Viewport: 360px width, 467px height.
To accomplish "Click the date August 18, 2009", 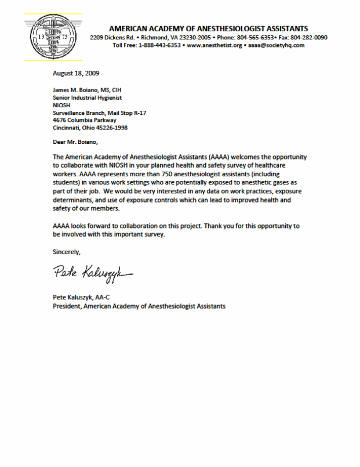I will tap(76, 73).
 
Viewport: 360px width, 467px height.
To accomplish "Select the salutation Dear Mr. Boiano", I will tap(76, 142).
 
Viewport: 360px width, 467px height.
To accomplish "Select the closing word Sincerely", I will tap(67, 252).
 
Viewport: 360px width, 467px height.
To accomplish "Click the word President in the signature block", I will tap(67, 306).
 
